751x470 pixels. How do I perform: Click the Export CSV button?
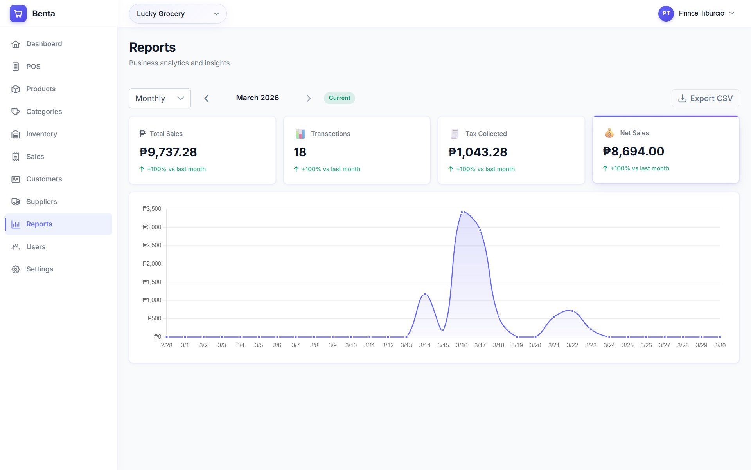pyautogui.click(x=705, y=98)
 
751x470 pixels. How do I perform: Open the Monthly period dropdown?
pyautogui.click(x=160, y=98)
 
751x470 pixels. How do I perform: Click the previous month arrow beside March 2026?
pyautogui.click(x=207, y=98)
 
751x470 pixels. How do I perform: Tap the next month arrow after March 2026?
pyautogui.click(x=308, y=98)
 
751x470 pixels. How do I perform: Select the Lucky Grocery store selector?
pyautogui.click(x=178, y=14)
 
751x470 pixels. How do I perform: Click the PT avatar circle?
pyautogui.click(x=666, y=14)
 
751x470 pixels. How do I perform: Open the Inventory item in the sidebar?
pyautogui.click(x=41, y=134)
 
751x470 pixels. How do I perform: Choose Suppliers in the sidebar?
pyautogui.click(x=41, y=202)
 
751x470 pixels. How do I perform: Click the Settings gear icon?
pyautogui.click(x=16, y=269)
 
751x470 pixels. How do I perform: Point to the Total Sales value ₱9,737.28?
pyautogui.click(x=168, y=152)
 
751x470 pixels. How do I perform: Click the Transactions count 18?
pyautogui.click(x=300, y=152)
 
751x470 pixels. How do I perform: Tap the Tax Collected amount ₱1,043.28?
pyautogui.click(x=478, y=152)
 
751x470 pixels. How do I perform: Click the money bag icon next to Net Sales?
pyautogui.click(x=609, y=133)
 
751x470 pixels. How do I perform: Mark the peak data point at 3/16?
pyautogui.click(x=462, y=212)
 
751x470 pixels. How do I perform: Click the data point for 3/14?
pyautogui.click(x=425, y=294)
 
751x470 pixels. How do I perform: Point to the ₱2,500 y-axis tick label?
pyautogui.click(x=152, y=245)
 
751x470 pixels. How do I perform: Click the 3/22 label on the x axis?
pyautogui.click(x=572, y=345)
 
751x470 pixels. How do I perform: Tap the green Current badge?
pyautogui.click(x=339, y=98)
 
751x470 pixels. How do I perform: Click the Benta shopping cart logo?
pyautogui.click(x=18, y=14)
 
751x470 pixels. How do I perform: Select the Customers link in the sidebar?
pyautogui.click(x=44, y=179)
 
